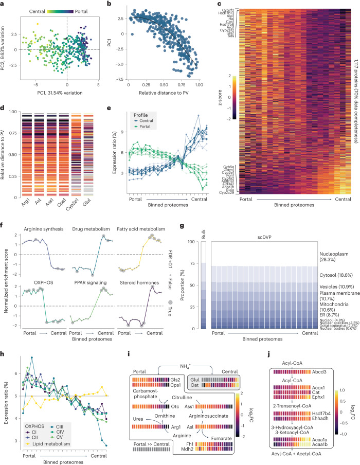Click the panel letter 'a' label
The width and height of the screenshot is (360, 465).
[x=4, y=5]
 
